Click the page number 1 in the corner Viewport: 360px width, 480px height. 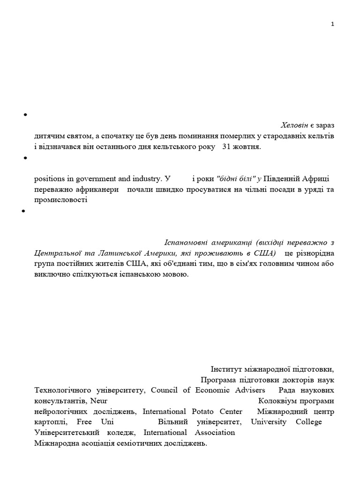click(332, 24)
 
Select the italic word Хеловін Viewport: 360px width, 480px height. click(294, 126)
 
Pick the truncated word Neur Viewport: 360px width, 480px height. click(99, 401)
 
